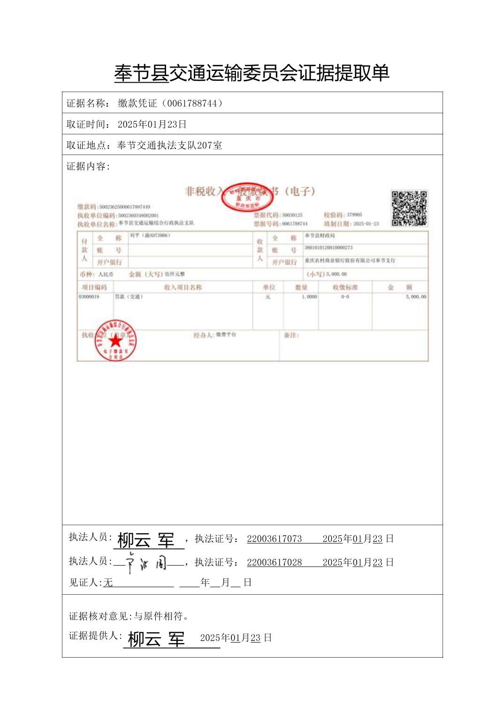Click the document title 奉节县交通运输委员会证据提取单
click(x=252, y=73)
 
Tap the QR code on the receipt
click(x=409, y=208)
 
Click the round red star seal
click(x=115, y=341)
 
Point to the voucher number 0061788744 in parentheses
click(x=192, y=103)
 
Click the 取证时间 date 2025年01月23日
click(x=152, y=124)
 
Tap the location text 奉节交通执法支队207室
click(x=169, y=146)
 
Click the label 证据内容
click(x=88, y=167)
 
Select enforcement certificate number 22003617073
click(x=275, y=539)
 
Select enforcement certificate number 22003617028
click(x=275, y=562)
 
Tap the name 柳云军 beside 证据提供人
click(x=156, y=639)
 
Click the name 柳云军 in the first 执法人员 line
click(x=146, y=540)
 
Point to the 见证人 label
click(x=85, y=582)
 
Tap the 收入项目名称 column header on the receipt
click(x=183, y=287)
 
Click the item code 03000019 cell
click(x=89, y=297)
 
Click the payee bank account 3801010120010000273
click(x=328, y=248)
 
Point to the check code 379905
click(x=354, y=215)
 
